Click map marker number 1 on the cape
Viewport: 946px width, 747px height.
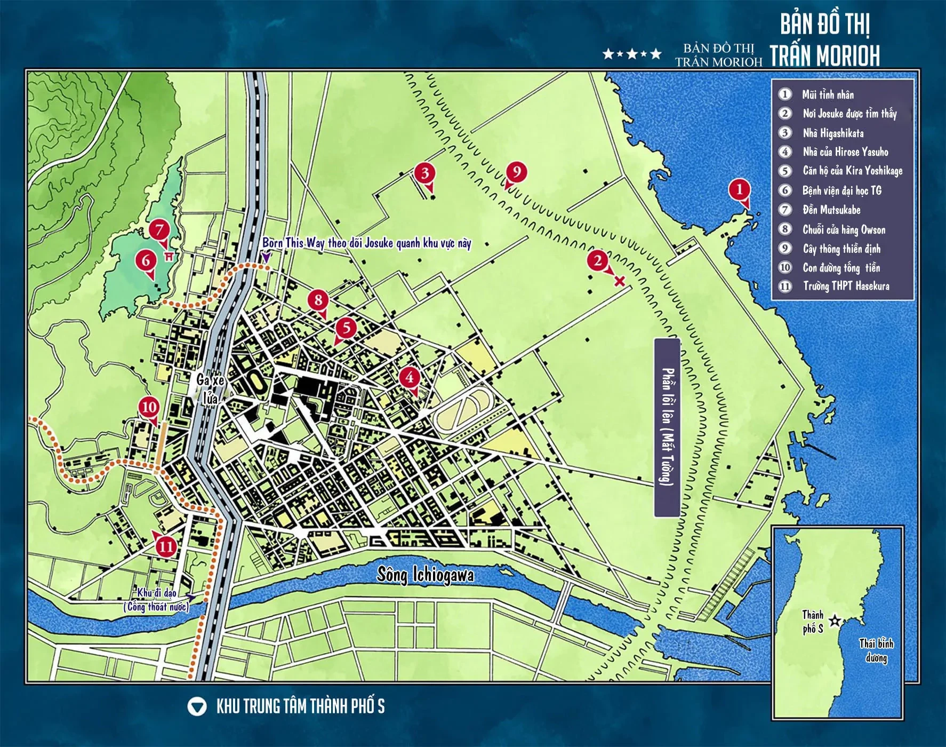(x=739, y=189)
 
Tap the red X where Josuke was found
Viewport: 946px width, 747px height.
(x=619, y=281)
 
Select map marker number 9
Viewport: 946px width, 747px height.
(x=516, y=172)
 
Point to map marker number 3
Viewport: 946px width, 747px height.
(x=425, y=173)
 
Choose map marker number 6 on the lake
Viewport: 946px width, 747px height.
(x=146, y=261)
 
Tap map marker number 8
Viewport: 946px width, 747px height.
(x=318, y=300)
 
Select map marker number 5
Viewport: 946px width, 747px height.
(x=346, y=328)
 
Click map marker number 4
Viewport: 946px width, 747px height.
(x=409, y=378)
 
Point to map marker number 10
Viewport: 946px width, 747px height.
(x=149, y=408)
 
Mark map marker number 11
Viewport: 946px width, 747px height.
(x=166, y=546)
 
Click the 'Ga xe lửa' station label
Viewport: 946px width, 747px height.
(x=210, y=389)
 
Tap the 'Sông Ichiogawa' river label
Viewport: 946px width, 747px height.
(x=425, y=575)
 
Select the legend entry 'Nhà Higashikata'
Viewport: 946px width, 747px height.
(x=833, y=133)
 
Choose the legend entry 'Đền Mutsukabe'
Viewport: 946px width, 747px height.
(x=831, y=210)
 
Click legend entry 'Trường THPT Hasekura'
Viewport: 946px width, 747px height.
(x=846, y=286)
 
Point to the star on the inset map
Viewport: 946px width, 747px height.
(x=835, y=621)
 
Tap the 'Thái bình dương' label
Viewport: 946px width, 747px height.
(x=876, y=650)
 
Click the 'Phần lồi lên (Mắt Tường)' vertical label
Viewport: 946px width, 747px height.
(x=667, y=427)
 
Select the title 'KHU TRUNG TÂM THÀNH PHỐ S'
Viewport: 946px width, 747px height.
(x=300, y=706)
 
